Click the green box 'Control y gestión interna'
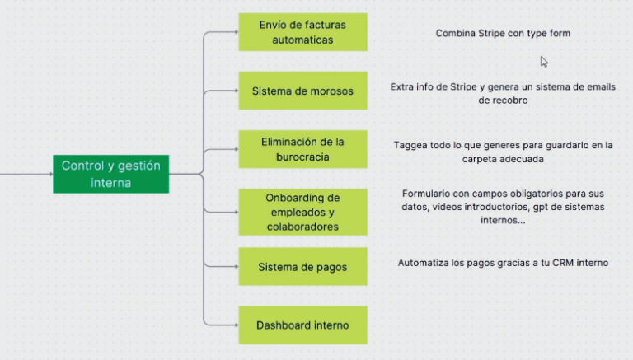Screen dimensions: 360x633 tap(110, 174)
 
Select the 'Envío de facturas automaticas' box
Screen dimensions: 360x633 tap(302, 32)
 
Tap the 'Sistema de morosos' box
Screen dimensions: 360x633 tap(302, 91)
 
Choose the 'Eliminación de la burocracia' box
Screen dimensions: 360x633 tap(302, 149)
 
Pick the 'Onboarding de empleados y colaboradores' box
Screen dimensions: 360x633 tap(302, 212)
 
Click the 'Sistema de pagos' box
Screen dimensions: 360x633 tap(302, 267)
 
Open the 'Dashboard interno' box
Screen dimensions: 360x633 tap(302, 325)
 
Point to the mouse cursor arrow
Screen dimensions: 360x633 tap(543, 60)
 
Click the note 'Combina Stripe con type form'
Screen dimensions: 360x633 tap(503, 34)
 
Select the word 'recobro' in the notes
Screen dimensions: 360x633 tap(503, 101)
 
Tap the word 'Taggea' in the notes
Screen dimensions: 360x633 tap(410, 145)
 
